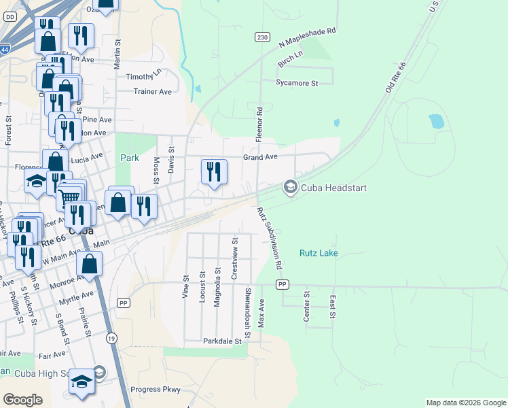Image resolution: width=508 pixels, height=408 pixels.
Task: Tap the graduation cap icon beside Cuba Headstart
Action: pyautogui.click(x=291, y=187)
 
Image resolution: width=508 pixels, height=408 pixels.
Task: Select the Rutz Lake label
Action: pyautogui.click(x=319, y=253)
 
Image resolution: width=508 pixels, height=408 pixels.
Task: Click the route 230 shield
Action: pyautogui.click(x=262, y=37)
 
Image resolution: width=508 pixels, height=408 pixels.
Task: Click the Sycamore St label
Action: pyautogui.click(x=297, y=83)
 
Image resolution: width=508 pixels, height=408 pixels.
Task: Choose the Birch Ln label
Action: pyautogui.click(x=290, y=58)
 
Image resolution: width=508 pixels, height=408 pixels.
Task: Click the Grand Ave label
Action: pyautogui.click(x=261, y=157)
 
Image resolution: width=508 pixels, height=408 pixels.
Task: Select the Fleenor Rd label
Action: pyautogui.click(x=259, y=124)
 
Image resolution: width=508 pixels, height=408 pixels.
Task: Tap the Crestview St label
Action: pyautogui.click(x=234, y=259)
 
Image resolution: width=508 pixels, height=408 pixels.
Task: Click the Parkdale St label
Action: pyautogui.click(x=222, y=341)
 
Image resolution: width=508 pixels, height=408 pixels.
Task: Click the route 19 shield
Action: pyautogui.click(x=110, y=337)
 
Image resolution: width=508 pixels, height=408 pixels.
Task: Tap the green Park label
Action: pyautogui.click(x=129, y=158)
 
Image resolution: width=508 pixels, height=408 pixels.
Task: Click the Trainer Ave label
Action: pyautogui.click(x=153, y=91)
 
